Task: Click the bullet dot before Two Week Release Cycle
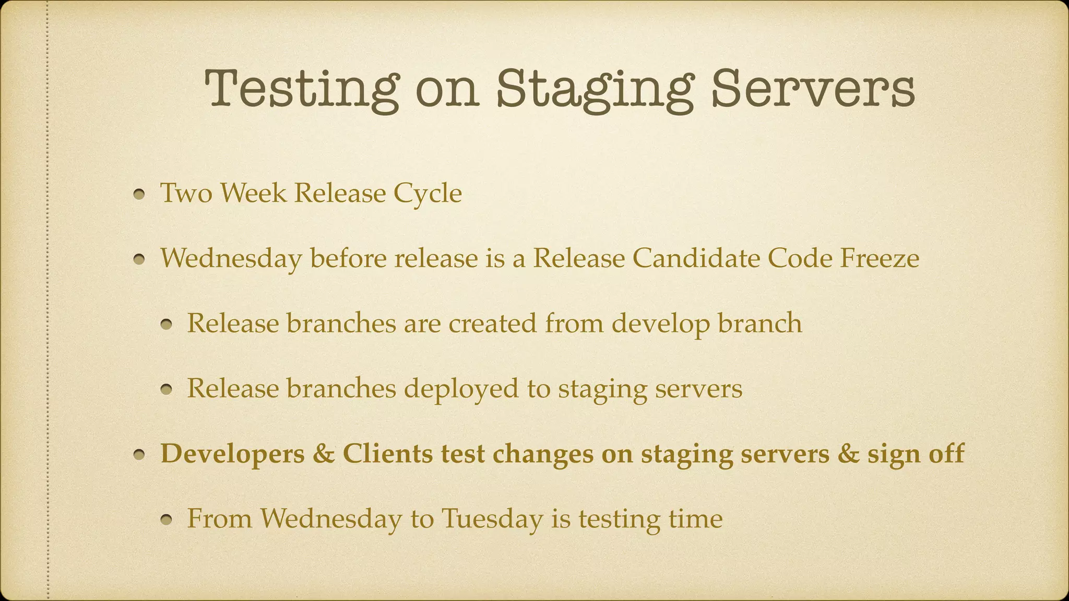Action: click(139, 195)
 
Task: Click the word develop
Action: click(660, 323)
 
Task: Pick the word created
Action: click(492, 323)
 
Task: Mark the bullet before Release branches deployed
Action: click(166, 390)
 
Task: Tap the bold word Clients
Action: click(387, 453)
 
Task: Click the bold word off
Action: click(946, 453)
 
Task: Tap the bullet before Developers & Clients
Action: click(139, 455)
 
